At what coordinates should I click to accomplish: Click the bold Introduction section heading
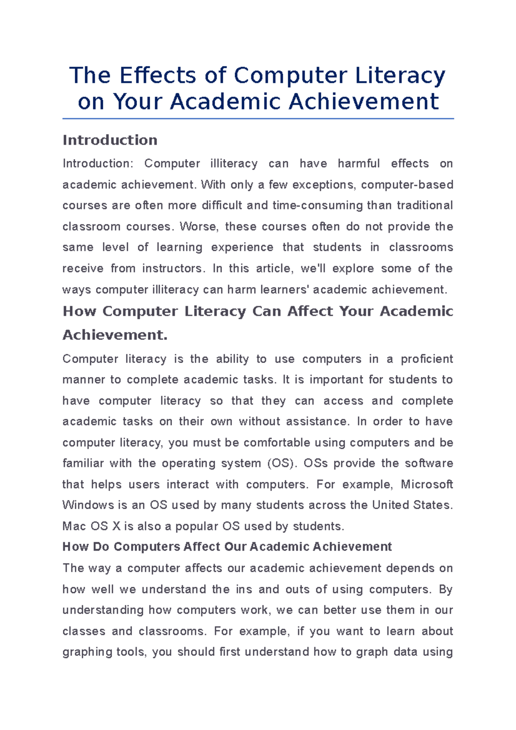[110, 140]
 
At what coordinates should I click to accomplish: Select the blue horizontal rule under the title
[258, 119]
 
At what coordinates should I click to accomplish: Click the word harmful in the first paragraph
[359, 164]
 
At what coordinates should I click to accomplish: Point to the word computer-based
[407, 185]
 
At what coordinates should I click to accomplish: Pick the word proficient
[427, 359]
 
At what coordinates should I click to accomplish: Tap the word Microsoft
[427, 485]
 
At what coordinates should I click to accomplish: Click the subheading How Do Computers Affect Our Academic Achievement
[227, 547]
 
